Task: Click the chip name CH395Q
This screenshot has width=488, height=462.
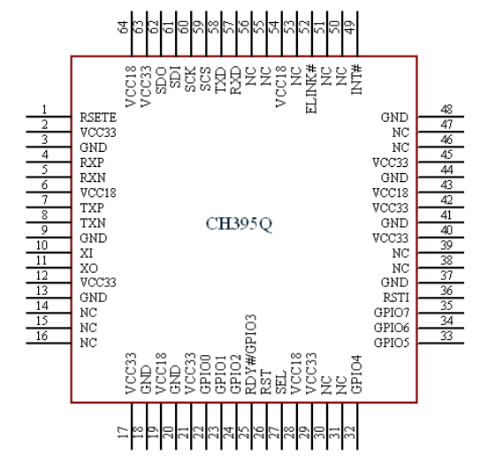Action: click(239, 223)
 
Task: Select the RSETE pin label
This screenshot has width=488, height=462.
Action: click(98, 117)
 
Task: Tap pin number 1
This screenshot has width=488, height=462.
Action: click(44, 110)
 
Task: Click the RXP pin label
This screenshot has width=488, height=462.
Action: click(92, 163)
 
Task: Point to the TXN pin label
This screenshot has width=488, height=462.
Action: click(93, 223)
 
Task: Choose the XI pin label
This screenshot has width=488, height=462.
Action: click(87, 254)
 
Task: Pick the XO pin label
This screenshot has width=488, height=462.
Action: click(88, 269)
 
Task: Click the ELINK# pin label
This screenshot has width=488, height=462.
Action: click(311, 89)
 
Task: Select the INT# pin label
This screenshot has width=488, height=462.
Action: click(356, 80)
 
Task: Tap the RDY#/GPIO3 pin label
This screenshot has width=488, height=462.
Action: click(251, 354)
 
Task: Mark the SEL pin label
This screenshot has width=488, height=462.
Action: click(281, 382)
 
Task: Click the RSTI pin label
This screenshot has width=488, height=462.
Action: click(396, 298)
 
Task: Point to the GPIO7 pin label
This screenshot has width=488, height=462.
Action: click(392, 313)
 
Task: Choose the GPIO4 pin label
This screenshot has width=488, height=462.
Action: click(356, 375)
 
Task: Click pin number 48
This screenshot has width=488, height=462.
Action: click(446, 110)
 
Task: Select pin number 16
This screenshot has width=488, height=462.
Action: click(42, 336)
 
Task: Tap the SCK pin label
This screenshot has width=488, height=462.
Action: click(190, 79)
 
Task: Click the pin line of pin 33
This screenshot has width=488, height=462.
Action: click(440, 344)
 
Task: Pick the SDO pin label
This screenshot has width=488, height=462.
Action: click(161, 80)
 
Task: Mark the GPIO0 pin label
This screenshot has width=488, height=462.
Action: click(205, 375)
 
